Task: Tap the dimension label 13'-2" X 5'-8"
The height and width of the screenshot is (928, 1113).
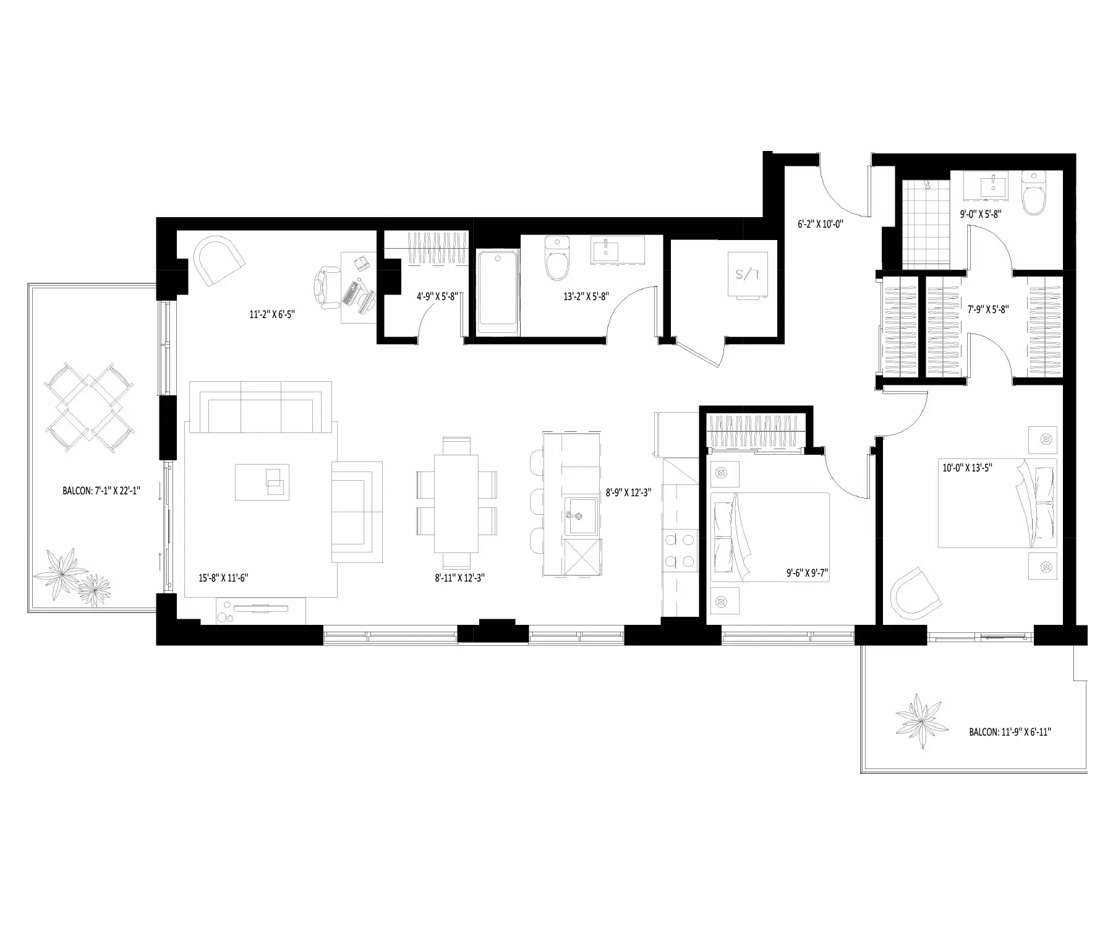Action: (x=586, y=296)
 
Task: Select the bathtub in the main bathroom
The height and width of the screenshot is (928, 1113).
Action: (x=498, y=287)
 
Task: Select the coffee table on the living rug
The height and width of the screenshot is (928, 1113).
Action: (x=262, y=482)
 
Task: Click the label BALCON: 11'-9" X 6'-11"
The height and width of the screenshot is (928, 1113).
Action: (x=1010, y=732)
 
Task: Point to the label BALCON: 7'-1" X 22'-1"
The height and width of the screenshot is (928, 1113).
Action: (x=102, y=491)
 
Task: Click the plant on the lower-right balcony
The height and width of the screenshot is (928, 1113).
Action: (x=922, y=720)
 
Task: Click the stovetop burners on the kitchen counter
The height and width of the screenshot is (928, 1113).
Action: (x=678, y=551)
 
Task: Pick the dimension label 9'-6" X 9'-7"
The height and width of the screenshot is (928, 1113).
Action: (x=803, y=574)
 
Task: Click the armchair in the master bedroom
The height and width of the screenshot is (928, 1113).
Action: (x=915, y=593)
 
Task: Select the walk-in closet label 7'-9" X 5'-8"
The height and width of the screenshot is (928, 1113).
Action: (x=988, y=309)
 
